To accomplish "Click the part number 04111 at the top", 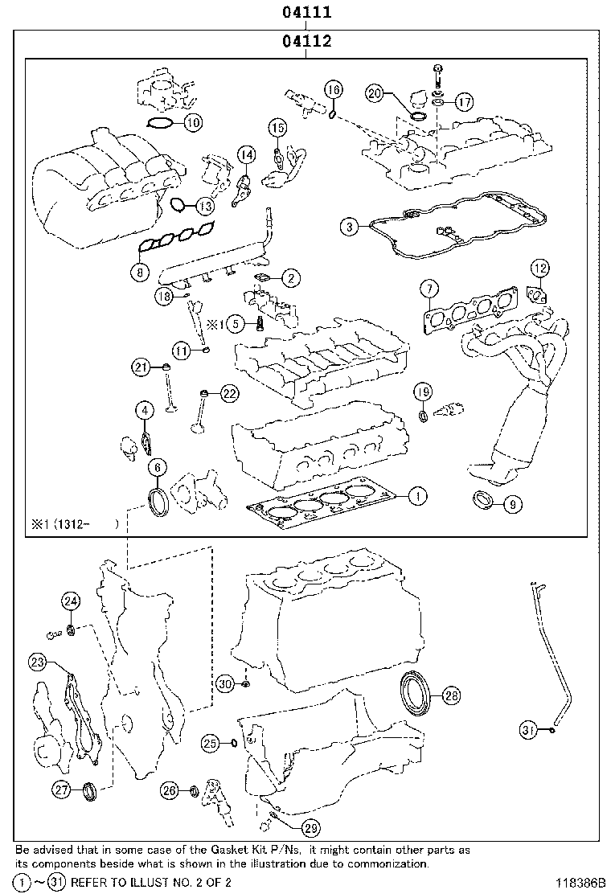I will click(x=306, y=13).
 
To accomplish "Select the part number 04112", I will click(x=306, y=41).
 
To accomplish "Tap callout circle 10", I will click(x=191, y=123).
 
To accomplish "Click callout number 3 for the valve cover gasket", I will click(x=348, y=228).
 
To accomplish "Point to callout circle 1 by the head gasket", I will click(x=416, y=496).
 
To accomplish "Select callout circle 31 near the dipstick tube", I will click(x=528, y=730).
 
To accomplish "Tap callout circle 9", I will click(x=513, y=505).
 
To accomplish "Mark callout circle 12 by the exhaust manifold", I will click(x=539, y=268).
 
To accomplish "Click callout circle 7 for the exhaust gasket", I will click(x=429, y=289).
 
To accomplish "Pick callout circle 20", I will click(x=374, y=93).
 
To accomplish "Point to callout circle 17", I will click(x=464, y=101).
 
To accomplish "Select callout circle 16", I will click(x=334, y=89).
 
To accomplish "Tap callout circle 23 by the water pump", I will click(x=37, y=662).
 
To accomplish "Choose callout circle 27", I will click(x=62, y=790).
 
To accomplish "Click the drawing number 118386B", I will click(x=576, y=882).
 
